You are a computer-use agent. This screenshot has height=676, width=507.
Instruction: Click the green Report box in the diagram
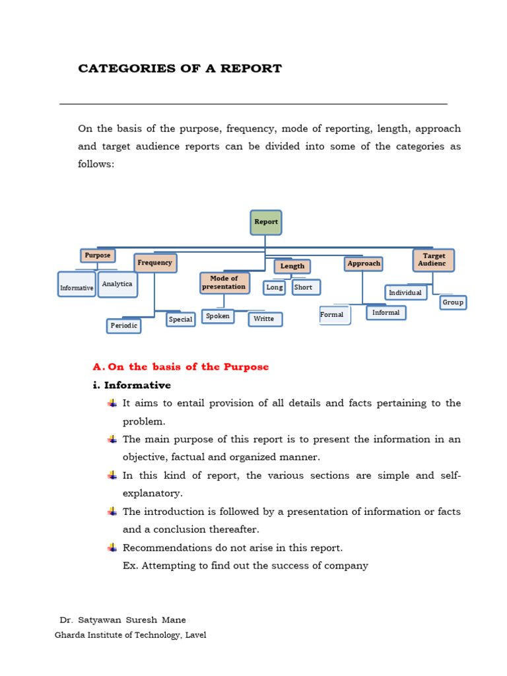pos(266,222)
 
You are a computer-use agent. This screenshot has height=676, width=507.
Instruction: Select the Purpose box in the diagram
pos(98,255)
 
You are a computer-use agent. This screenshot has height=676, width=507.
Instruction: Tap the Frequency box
pos(155,263)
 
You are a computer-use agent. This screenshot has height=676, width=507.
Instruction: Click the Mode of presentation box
pos(224,283)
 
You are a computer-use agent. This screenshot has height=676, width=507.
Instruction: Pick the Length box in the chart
pos(292,266)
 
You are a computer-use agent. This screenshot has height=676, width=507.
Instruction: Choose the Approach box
pos(364,263)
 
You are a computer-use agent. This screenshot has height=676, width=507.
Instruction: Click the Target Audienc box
pos(434,259)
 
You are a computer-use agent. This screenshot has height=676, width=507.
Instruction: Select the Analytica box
pos(118,285)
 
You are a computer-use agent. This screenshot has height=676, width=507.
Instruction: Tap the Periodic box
pos(124,325)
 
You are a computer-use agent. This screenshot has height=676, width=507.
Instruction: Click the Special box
pos(180,320)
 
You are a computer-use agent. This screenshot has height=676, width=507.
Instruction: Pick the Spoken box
pos(218,316)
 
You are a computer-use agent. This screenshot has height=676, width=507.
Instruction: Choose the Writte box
pos(265,320)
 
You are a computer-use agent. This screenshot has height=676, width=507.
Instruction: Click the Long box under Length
pos(275,287)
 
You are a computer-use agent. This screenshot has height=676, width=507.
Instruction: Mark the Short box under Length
pos(306,287)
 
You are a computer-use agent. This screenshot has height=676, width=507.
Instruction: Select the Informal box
pos(386,313)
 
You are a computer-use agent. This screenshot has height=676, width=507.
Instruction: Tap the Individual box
pos(406,292)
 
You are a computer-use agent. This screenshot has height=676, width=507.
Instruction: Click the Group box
pos(453,302)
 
